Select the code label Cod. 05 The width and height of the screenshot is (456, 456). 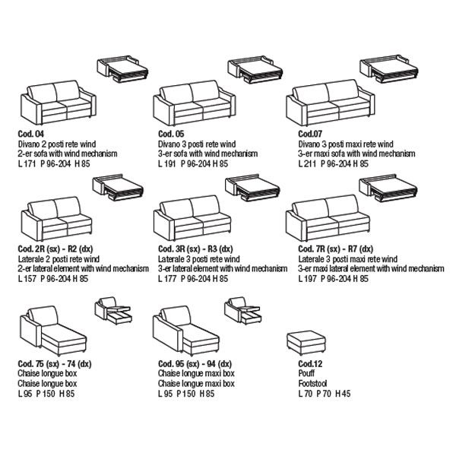[x=169, y=133]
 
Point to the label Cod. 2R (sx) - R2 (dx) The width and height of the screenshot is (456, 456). [x=55, y=249]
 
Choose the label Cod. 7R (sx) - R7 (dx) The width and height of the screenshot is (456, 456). [x=330, y=249]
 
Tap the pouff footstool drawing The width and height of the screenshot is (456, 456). [x=304, y=343]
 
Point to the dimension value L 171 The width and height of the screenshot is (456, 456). [x=27, y=163]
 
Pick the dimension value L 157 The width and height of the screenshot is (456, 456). [x=27, y=279]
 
